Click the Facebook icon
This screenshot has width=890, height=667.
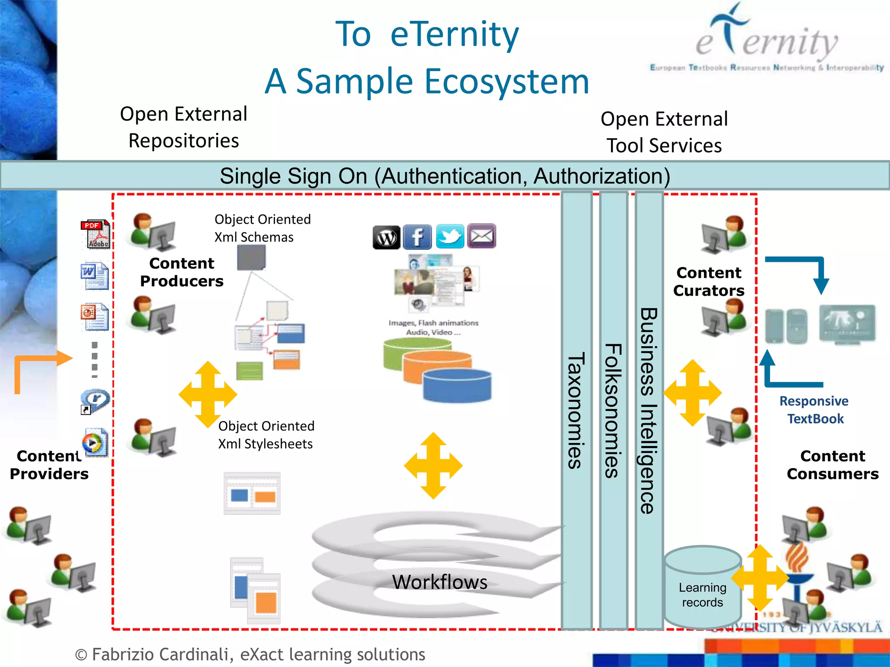pos(417,237)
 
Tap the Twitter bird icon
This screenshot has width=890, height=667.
pos(450,237)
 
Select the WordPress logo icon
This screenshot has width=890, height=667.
pos(386,237)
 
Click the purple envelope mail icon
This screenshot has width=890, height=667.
pos(482,236)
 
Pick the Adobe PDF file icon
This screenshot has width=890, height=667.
pos(96,234)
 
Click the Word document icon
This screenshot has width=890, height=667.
pos(95,276)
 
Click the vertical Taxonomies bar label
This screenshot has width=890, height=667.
pos(577,410)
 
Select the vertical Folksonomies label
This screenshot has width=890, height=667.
pos(613,410)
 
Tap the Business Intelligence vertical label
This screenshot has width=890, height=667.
pos(649,410)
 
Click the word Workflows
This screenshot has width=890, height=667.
pos(439,582)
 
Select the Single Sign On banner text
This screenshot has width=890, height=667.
pos(445,176)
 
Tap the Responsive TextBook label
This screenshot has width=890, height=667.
pos(814,409)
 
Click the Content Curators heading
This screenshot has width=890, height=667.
pos(709,281)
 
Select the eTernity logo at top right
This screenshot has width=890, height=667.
pos(767,39)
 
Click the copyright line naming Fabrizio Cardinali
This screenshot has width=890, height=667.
pos(250,654)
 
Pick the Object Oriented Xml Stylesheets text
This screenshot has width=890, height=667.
pos(266,435)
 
